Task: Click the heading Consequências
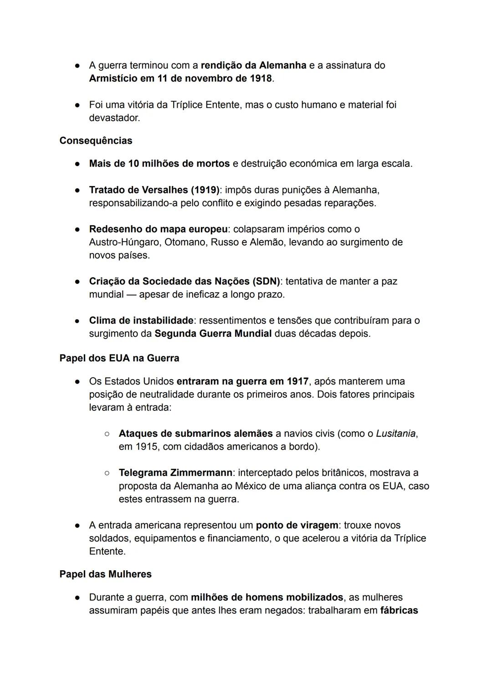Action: tap(96, 141)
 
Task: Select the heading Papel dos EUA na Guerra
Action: tap(119, 358)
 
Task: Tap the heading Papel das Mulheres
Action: tap(105, 574)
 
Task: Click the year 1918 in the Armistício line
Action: tap(261, 78)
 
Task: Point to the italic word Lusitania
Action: tap(395, 433)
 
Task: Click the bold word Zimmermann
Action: tap(201, 473)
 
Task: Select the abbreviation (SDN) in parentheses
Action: tap(266, 281)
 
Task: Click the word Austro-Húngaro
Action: tap(124, 242)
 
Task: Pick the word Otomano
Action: tap(185, 242)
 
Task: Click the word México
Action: tap(251, 486)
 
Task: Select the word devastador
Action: tap(114, 118)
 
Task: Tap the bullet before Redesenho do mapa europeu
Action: tap(78, 229)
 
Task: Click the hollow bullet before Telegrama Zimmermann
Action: tap(107, 473)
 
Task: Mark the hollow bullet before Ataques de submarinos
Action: tap(107, 433)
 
